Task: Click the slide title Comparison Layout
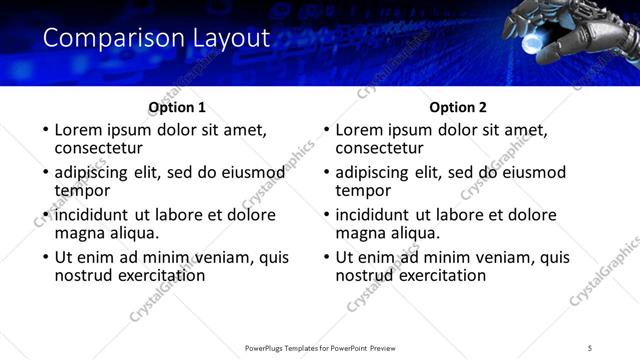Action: pyautogui.click(x=157, y=39)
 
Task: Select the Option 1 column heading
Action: pyautogui.click(x=177, y=107)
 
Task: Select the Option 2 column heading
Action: pyautogui.click(x=458, y=107)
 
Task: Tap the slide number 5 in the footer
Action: pyautogui.click(x=590, y=347)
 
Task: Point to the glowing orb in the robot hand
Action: pyautogui.click(x=541, y=37)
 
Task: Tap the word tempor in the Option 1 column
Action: pyautogui.click(x=82, y=190)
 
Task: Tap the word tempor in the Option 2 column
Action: pyautogui.click(x=363, y=190)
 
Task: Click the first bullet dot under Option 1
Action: pyautogui.click(x=44, y=131)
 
